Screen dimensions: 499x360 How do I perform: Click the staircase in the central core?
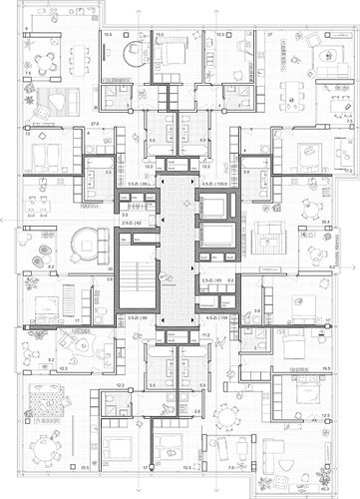[x=139, y=280]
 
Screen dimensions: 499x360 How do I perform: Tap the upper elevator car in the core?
[x=214, y=208]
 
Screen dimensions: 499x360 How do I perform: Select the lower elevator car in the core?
[x=214, y=236]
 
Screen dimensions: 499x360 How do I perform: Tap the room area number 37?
[x=269, y=33]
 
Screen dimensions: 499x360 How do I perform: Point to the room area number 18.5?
[x=326, y=368]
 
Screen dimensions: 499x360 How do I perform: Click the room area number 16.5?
[x=107, y=33]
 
